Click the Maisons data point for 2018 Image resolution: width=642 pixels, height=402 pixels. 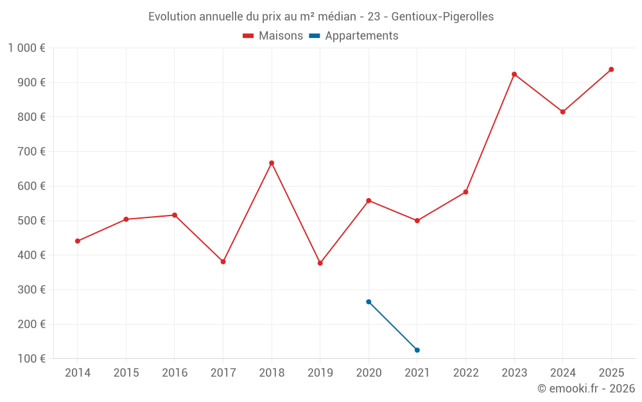pyautogui.click(x=272, y=163)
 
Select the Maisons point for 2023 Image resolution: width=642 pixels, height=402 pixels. pyautogui.click(x=514, y=74)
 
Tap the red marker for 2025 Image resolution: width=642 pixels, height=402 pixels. pyautogui.click(x=611, y=69)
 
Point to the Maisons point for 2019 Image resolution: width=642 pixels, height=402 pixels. pyautogui.click(x=320, y=263)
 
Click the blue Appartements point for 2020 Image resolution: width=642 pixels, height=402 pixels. pyautogui.click(x=369, y=302)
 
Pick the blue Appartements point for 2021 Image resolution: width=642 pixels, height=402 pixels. pyautogui.click(x=417, y=350)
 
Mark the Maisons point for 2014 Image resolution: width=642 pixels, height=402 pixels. pyautogui.click(x=78, y=241)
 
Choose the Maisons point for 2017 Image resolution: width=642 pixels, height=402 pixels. pyautogui.click(x=223, y=262)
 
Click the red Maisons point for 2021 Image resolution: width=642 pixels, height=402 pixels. pyautogui.click(x=417, y=221)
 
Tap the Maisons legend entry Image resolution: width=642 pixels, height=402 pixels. pyautogui.click(x=273, y=36)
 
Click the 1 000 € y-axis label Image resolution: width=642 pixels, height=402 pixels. pyautogui.click(x=27, y=48)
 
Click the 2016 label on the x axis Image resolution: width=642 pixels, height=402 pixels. pyautogui.click(x=175, y=373)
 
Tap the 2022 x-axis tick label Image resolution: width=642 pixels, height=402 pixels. pyautogui.click(x=465, y=373)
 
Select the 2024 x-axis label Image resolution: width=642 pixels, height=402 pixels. pyautogui.click(x=562, y=373)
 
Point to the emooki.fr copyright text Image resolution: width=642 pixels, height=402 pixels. pyautogui.click(x=586, y=388)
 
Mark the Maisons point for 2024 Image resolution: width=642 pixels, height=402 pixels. pyautogui.click(x=562, y=112)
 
